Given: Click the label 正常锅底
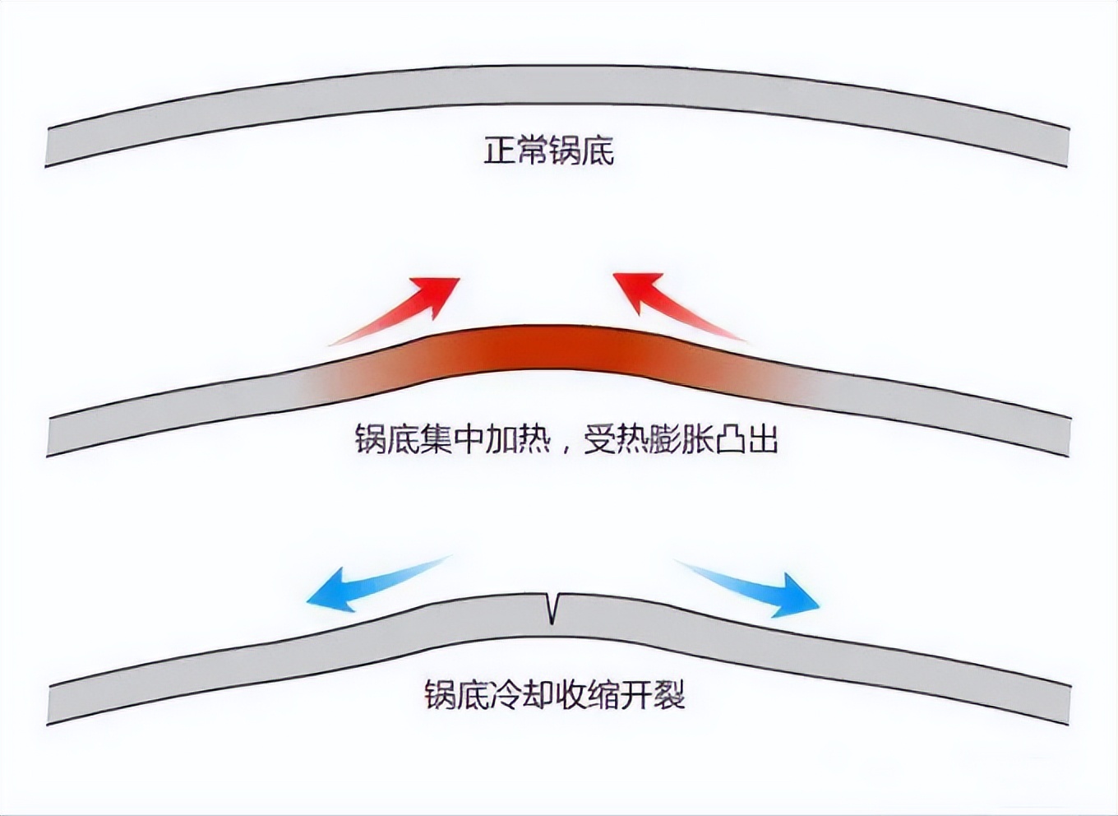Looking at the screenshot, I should [x=548, y=151].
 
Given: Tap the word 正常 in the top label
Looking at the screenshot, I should [x=515, y=151].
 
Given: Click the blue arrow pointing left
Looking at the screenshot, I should [x=370, y=584].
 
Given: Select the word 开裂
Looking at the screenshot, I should [x=653, y=695].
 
